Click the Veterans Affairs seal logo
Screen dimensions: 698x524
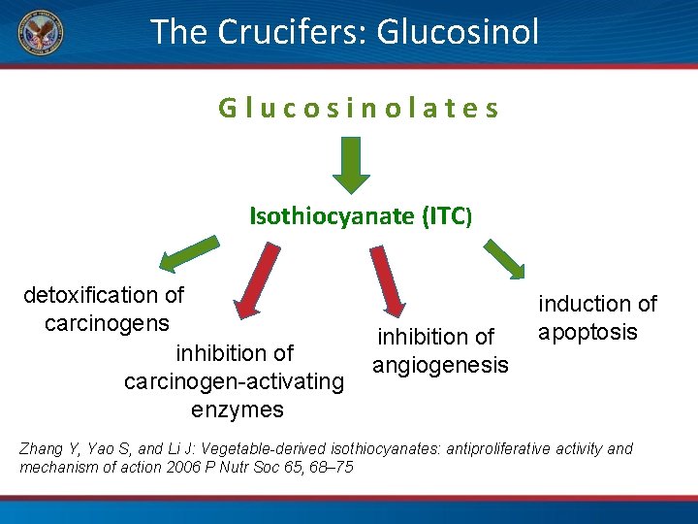point(39,32)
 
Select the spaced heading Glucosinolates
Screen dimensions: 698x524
point(359,108)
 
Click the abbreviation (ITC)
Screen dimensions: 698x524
point(447,215)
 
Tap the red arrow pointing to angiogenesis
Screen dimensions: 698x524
point(390,281)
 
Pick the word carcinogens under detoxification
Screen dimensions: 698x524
point(107,323)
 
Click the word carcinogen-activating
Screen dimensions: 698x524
point(234,381)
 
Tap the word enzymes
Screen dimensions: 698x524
point(238,409)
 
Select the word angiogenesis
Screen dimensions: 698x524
point(440,365)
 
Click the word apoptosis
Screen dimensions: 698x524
point(587,333)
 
